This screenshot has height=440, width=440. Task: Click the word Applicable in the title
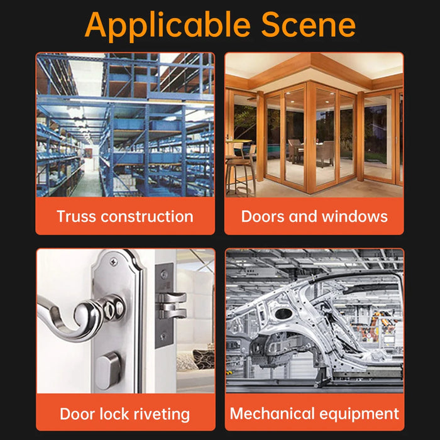pos(168,26)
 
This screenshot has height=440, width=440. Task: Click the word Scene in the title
pos(308,25)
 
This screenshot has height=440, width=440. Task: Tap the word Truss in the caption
pos(76,217)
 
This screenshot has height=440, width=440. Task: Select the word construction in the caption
pos(147,217)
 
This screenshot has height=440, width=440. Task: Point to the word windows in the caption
pos(355,217)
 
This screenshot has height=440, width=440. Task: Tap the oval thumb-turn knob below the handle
pos(108,370)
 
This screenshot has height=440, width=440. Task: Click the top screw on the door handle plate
pos(114,263)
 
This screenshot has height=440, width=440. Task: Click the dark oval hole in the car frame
pos(283,313)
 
